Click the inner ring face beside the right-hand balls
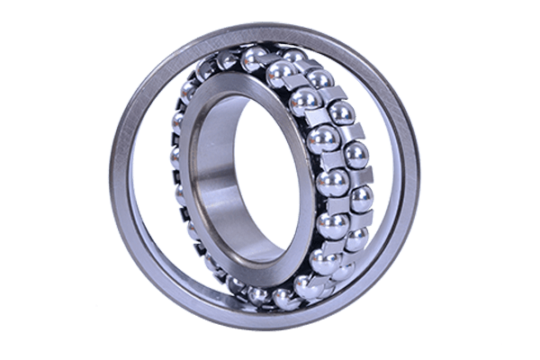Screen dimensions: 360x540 (298, 180)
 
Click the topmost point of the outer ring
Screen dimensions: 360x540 (270, 26)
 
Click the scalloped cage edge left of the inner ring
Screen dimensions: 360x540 (177, 180)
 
